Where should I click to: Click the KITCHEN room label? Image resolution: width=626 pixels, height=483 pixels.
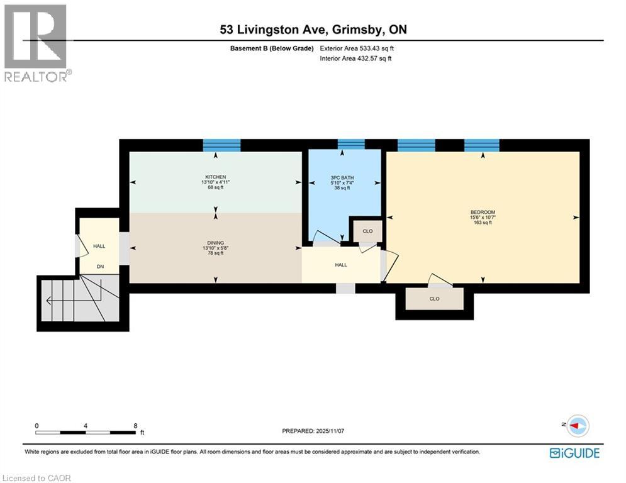point(215,177)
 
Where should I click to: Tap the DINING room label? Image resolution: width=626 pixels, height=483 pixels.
point(215,243)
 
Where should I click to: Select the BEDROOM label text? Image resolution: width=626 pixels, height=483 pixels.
point(483,212)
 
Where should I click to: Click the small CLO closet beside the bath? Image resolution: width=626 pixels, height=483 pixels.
point(367,231)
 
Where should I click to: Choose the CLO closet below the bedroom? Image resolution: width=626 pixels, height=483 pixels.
point(434,299)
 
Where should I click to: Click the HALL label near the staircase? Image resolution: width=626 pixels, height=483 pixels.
point(99,247)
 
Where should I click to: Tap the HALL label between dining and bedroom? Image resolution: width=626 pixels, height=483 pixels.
point(341,265)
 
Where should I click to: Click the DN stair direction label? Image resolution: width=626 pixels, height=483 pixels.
point(99,267)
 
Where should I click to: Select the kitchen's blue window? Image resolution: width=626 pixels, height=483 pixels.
point(221,145)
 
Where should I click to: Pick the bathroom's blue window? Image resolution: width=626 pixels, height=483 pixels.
point(351,145)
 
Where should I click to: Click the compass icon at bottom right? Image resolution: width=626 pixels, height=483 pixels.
point(577,426)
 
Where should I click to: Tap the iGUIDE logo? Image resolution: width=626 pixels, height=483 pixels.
point(574,453)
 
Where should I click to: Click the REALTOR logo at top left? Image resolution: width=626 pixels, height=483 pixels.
point(36,43)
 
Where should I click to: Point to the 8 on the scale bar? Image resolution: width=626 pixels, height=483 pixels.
point(135,425)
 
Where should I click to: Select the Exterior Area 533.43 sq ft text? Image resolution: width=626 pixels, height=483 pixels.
point(357,48)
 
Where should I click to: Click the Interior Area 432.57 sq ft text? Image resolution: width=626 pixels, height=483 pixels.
point(355,58)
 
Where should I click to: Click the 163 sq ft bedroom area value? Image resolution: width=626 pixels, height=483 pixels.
point(483,222)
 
